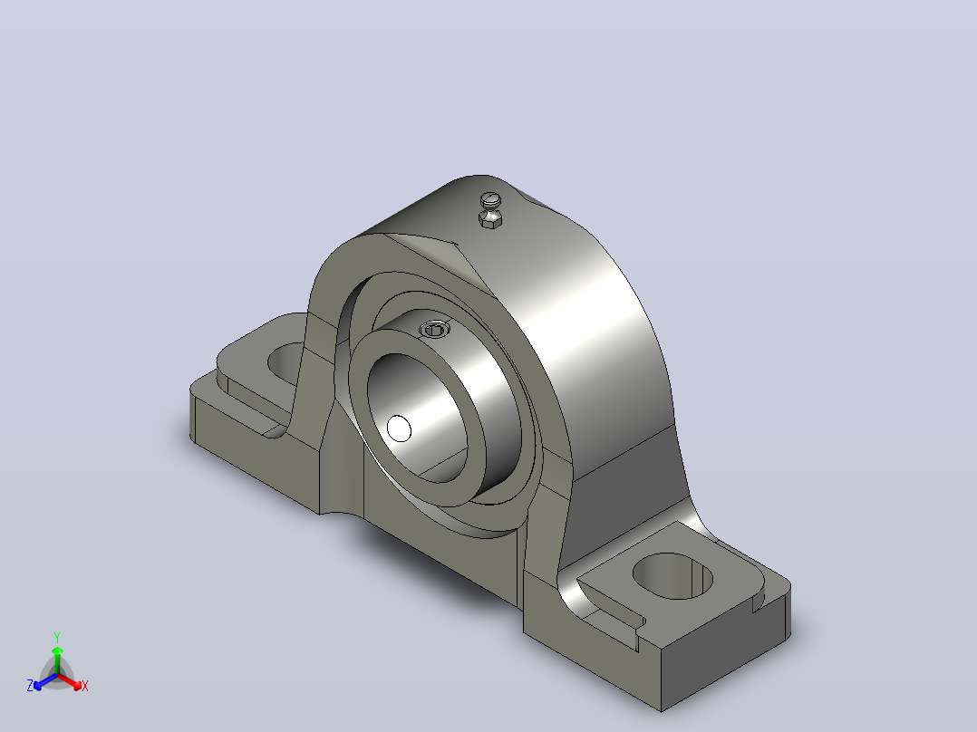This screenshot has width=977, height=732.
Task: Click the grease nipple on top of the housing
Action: coord(490,210)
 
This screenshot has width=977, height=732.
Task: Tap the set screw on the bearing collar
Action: coord(435,329)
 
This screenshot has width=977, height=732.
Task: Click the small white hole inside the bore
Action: coord(399,429)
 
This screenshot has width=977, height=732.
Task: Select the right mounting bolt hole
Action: coord(672,576)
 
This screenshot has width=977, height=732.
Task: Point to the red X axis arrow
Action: coord(69,681)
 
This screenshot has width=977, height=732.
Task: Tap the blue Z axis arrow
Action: coord(45,681)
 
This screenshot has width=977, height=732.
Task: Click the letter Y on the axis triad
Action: coord(57,638)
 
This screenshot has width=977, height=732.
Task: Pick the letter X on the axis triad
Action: coord(85,686)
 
